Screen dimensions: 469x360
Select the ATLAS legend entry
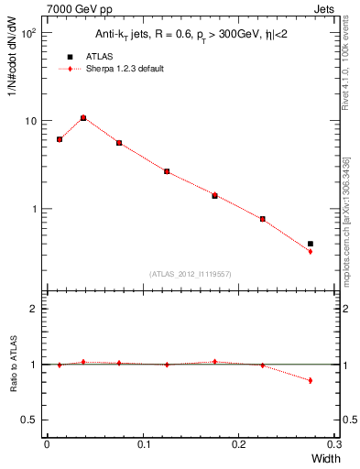point(83,56)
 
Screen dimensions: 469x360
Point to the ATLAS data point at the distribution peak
point(83,118)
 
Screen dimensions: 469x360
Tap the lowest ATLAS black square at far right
point(311,244)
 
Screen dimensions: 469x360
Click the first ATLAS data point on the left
point(60,139)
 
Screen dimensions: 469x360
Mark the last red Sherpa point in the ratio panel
point(311,380)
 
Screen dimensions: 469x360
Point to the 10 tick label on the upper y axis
point(29,122)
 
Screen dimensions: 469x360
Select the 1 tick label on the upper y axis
point(34,209)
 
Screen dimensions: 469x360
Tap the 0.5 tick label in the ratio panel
point(29,420)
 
